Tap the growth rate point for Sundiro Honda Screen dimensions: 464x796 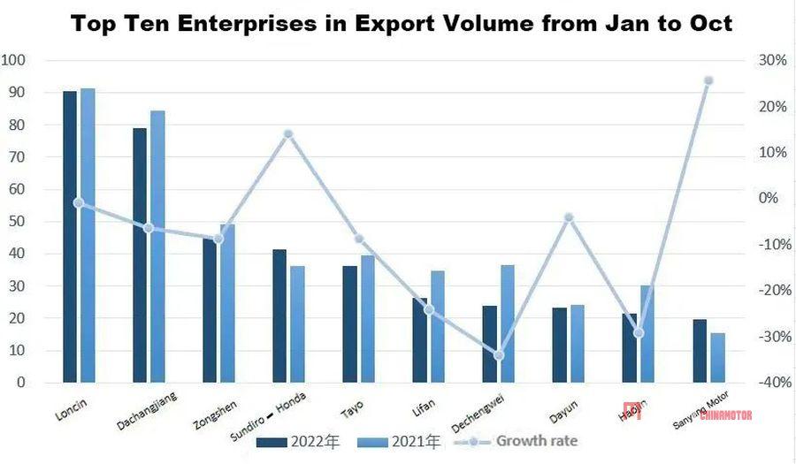287,134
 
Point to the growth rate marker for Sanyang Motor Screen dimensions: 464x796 708,80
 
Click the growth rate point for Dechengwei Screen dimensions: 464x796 498,355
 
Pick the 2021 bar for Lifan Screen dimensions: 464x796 437,326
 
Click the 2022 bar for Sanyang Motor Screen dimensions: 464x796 700,351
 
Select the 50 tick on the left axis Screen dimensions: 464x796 16,222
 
